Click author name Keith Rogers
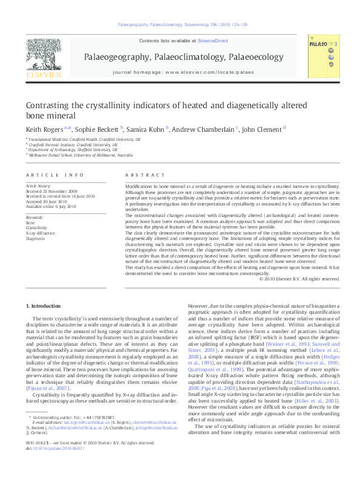coord(40,129)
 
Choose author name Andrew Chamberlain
coord(203,129)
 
